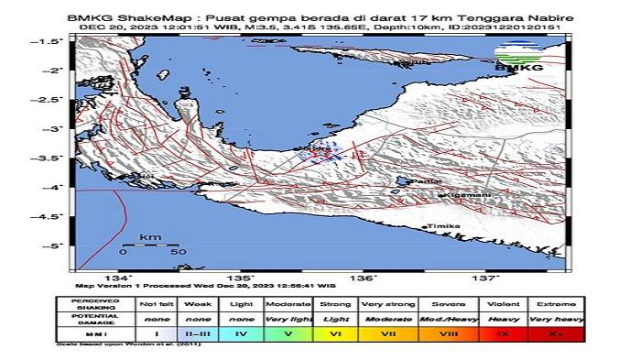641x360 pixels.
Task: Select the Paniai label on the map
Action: click(x=422, y=183)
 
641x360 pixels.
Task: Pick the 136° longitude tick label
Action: click(x=364, y=278)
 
